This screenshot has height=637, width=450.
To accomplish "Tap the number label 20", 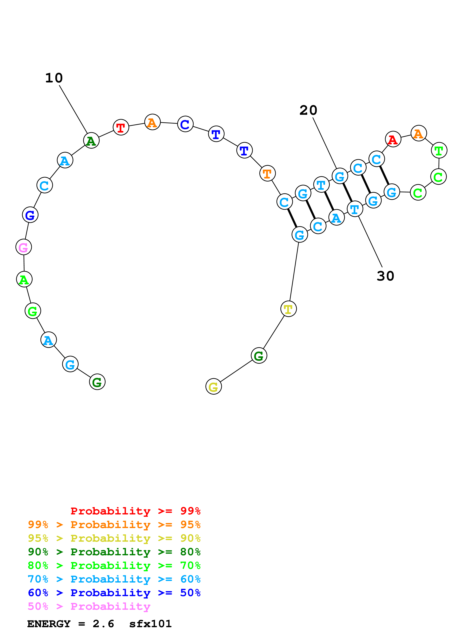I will point(308,110).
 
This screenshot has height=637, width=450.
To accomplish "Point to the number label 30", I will point(385,276).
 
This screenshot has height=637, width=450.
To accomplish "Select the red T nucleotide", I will point(121,128).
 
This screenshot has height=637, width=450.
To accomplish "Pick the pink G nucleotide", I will point(24,247).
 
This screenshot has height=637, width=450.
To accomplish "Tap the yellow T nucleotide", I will point(288,309).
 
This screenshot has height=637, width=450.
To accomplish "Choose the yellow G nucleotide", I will point(213,386).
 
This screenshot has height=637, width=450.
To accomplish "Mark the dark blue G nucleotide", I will point(30,215).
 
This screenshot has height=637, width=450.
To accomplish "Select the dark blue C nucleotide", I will point(185,124).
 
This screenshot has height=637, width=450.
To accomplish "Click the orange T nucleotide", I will point(267,174).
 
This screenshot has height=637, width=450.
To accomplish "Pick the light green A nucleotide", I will point(24,279).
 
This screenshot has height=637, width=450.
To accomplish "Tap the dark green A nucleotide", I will point(91,141).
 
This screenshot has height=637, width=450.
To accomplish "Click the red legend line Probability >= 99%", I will point(135,511).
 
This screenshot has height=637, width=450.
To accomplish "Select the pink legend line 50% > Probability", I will point(89,606).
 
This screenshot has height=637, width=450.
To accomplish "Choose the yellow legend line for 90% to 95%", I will point(114,538).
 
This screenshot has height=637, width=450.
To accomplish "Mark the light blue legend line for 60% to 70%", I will point(114,579).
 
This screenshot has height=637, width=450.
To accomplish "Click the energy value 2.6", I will point(103,624).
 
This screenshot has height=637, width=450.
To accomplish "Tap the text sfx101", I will point(150,624).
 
